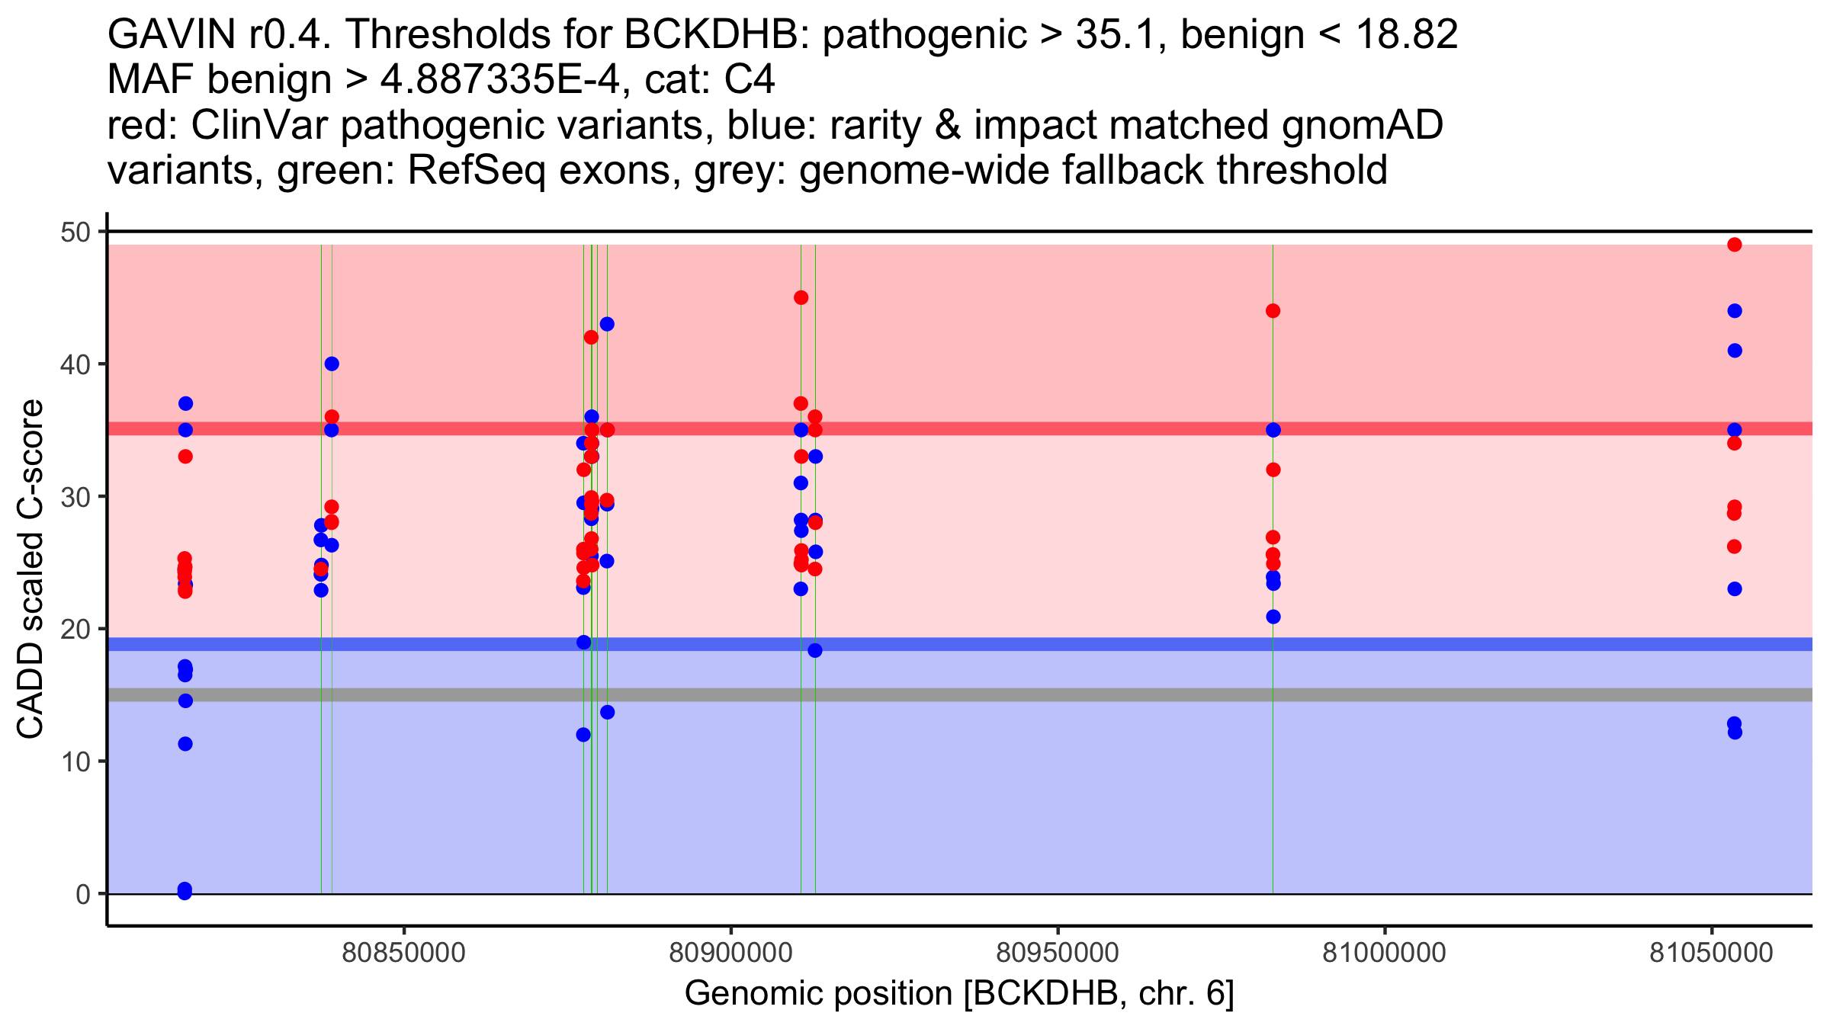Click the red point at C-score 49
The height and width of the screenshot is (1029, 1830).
coord(1734,245)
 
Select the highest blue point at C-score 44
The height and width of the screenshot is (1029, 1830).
coord(1734,311)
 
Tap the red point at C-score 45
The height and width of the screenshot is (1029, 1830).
coord(801,297)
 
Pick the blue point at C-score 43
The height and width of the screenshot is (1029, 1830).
coord(607,324)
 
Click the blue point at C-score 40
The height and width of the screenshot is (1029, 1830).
coord(332,364)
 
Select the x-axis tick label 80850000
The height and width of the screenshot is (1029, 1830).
coord(403,953)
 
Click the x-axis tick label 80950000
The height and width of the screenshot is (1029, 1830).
coord(1058,953)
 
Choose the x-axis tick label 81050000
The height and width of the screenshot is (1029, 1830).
coord(1711,953)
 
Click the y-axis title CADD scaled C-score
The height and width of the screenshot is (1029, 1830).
coord(30,571)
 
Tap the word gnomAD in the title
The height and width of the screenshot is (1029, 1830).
coord(1362,125)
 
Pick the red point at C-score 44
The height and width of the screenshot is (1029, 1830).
coord(1273,311)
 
